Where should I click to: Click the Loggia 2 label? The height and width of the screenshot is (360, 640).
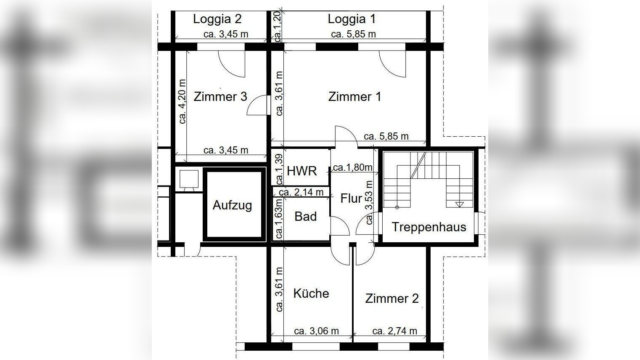click(x=217, y=19)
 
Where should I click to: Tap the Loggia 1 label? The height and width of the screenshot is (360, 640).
click(x=352, y=19)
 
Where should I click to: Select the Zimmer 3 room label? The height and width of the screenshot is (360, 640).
click(x=220, y=97)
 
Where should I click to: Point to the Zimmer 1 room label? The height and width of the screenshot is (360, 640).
click(x=354, y=97)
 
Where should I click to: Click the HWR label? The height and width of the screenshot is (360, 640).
click(x=301, y=171)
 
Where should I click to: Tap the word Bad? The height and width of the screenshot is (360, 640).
click(x=305, y=217)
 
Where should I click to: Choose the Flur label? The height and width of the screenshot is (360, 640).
click(x=351, y=198)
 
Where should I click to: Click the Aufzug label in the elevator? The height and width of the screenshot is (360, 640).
click(x=232, y=205)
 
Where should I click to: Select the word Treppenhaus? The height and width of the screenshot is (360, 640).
click(x=429, y=227)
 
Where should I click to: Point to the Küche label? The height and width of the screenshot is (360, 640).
click(x=311, y=293)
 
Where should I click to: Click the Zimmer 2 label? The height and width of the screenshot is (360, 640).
click(x=392, y=299)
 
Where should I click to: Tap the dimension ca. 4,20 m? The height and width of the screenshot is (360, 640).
click(x=182, y=101)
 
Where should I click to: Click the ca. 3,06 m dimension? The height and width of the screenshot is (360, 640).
click(x=316, y=331)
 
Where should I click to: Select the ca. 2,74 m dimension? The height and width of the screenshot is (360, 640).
click(x=394, y=331)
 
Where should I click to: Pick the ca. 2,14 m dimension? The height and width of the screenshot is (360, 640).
click(x=301, y=192)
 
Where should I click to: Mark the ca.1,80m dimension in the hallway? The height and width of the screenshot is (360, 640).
click(x=352, y=167)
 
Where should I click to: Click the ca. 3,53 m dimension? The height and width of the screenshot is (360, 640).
click(x=369, y=202)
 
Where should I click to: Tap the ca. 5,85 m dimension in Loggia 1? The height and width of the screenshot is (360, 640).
click(x=353, y=34)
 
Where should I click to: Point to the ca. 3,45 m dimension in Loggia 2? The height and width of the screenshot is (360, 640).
click(x=226, y=34)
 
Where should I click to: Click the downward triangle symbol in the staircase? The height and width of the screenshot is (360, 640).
click(x=459, y=205)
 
